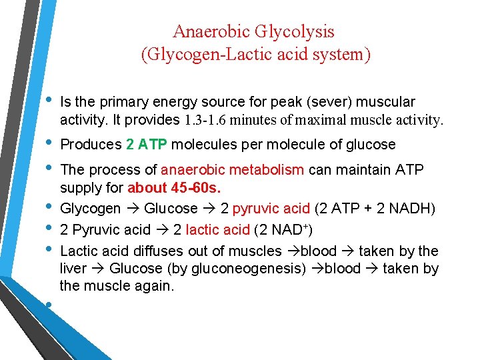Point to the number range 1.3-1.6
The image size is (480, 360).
coord(208,121)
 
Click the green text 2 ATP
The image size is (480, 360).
coord(146,145)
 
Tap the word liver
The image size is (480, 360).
coord(74,269)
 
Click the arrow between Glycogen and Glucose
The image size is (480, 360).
coord(134,209)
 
